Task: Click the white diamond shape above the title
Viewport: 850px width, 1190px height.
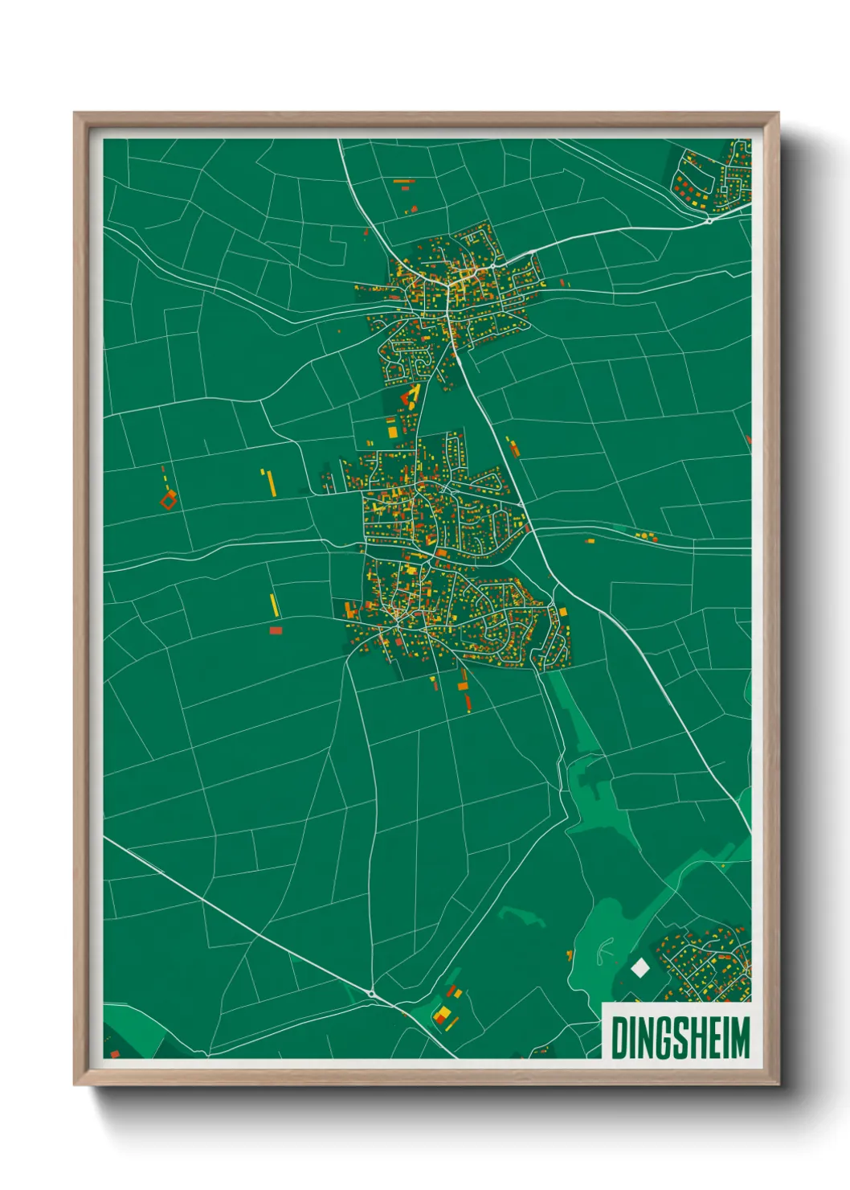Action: pos(640,967)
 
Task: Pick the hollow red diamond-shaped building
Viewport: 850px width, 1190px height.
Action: pos(168,501)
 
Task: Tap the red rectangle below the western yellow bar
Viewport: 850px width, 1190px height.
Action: pos(276,630)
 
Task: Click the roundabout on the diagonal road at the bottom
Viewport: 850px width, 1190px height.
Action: pos(372,994)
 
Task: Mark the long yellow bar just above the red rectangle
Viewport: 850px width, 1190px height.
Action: pos(274,605)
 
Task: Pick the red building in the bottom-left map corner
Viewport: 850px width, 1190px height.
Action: pos(114,1053)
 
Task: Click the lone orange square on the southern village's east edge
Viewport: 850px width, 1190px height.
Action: pos(563,613)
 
